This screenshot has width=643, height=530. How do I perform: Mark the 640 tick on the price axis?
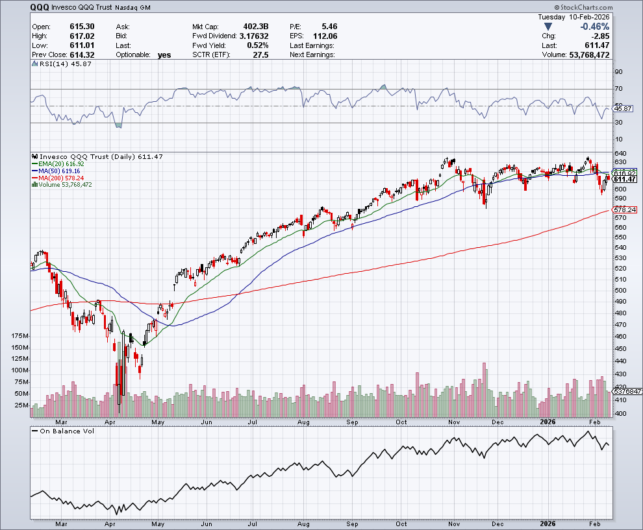[x=620, y=152]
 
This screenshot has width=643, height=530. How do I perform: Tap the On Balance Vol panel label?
[x=67, y=431]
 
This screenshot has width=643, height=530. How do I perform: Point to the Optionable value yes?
[x=164, y=55]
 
